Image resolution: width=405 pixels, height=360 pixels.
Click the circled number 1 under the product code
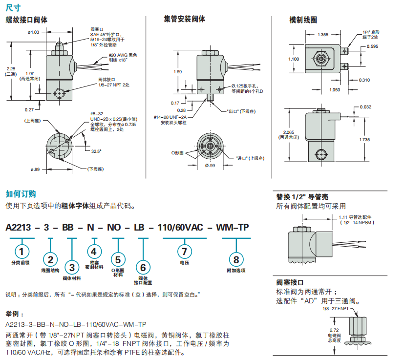[x=21, y=252]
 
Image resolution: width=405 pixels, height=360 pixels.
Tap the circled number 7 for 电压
[x=184, y=252]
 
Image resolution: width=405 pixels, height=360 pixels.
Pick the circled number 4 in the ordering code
[x=95, y=252]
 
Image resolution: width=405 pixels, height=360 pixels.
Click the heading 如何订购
[x=21, y=194]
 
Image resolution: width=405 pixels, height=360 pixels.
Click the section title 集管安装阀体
[x=184, y=19]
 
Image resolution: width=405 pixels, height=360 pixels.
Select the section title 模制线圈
[x=303, y=20]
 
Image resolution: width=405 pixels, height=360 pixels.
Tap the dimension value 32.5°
[x=96, y=151]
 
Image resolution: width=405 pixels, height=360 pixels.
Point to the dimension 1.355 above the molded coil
[x=322, y=35]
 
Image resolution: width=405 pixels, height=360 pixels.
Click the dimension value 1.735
[x=363, y=140]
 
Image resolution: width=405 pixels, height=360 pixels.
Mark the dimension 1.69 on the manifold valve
[x=178, y=72]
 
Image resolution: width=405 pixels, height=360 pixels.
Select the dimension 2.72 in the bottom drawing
[x=333, y=330]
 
